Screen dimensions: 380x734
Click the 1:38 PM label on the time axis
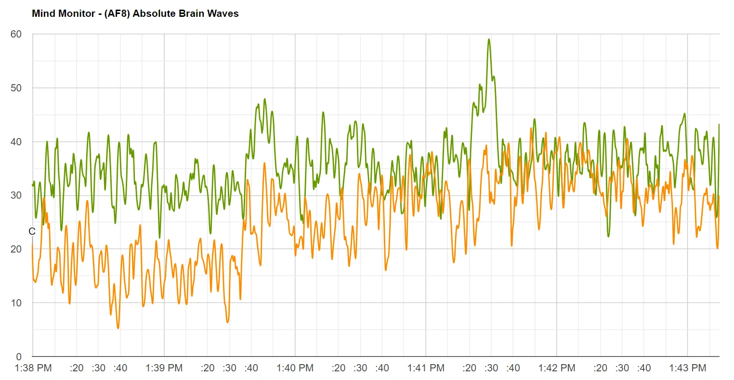point(33,368)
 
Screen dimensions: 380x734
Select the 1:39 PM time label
point(164,368)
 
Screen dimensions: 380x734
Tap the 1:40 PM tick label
point(295,368)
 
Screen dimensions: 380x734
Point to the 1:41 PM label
point(426,368)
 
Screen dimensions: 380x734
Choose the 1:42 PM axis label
point(557,368)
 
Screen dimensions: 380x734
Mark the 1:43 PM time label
point(688,368)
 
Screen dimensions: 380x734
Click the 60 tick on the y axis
point(16,34)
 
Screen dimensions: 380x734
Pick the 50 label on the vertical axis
point(16,88)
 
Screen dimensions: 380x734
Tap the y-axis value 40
point(16,142)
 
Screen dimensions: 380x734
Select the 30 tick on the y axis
point(16,195)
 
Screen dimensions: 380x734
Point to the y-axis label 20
point(16,249)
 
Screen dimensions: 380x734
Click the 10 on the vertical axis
point(16,303)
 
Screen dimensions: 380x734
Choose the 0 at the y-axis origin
point(19,357)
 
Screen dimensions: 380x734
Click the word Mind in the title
point(42,13)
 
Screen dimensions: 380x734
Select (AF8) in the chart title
point(114,13)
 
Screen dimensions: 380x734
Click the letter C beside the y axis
point(32,231)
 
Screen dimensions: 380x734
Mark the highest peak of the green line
point(489,39)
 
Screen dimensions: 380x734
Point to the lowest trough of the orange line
point(118,328)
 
